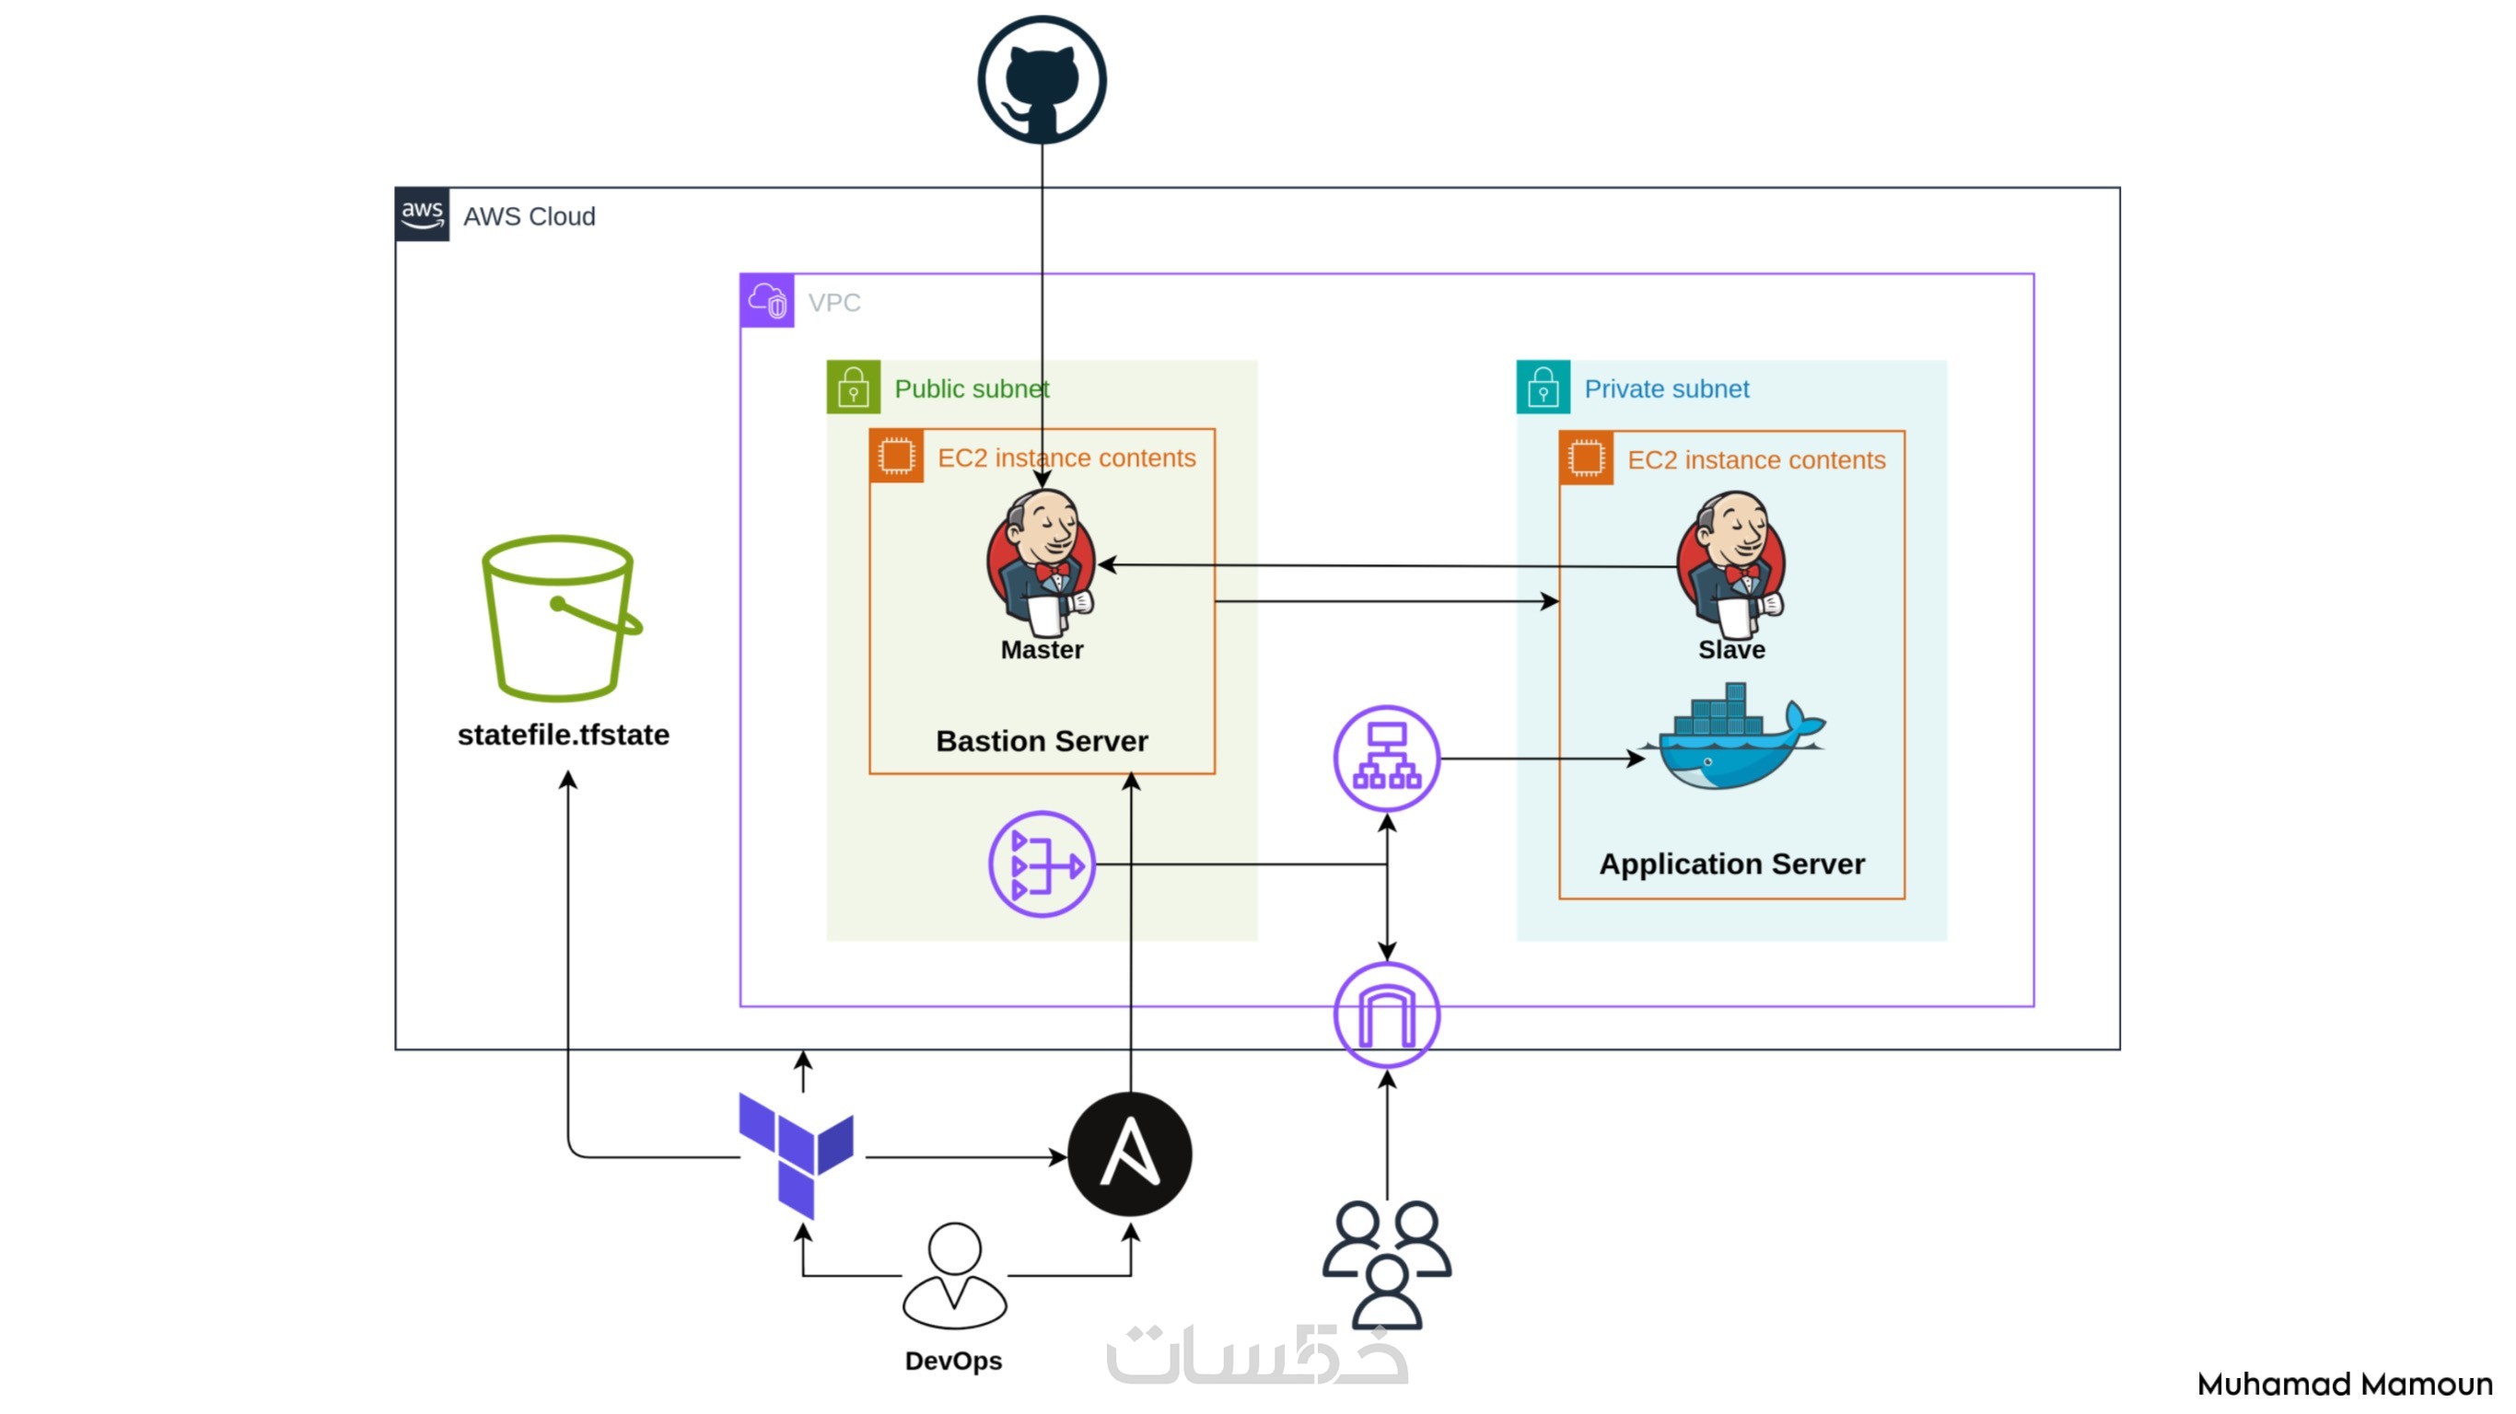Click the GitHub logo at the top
(1042, 79)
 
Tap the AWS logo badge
(422, 214)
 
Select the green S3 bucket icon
(561, 617)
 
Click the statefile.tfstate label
(564, 735)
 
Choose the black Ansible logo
(1130, 1154)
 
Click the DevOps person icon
(954, 1274)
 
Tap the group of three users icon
(1386, 1264)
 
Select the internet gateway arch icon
(1386, 1015)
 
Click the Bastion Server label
(1042, 741)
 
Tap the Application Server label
(1731, 864)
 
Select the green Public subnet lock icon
(853, 388)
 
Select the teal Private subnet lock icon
(1543, 388)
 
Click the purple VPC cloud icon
(768, 301)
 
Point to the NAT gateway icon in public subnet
(1042, 864)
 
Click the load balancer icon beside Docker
(1386, 759)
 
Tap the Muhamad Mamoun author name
(2344, 1384)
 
